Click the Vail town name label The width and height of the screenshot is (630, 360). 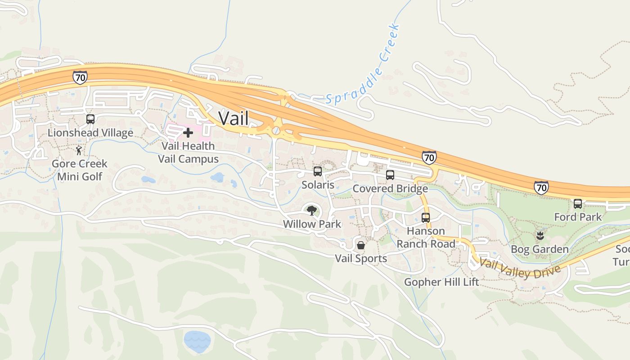pyautogui.click(x=234, y=118)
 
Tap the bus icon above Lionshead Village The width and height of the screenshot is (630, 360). pyautogui.click(x=90, y=119)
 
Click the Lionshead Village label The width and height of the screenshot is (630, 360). pyautogui.click(x=90, y=133)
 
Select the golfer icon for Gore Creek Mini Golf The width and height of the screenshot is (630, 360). pyautogui.click(x=79, y=150)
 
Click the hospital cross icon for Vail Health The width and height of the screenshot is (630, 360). pyautogui.click(x=188, y=133)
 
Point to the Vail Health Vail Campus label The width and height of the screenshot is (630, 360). pyautogui.click(x=188, y=153)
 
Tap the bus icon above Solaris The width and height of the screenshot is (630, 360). pyautogui.click(x=318, y=171)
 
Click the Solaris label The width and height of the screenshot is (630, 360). pyautogui.click(x=318, y=184)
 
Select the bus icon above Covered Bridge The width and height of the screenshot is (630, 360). pyautogui.click(x=390, y=175)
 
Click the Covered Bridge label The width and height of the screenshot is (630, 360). pyautogui.click(x=390, y=189)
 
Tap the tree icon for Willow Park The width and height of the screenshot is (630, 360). pyautogui.click(x=311, y=210)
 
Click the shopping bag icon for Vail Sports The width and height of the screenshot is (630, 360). pyautogui.click(x=361, y=245)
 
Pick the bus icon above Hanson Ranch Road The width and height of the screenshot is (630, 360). pyautogui.click(x=426, y=218)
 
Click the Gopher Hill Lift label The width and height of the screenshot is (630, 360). pyautogui.click(x=441, y=282)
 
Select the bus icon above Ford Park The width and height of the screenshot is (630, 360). pyautogui.click(x=578, y=204)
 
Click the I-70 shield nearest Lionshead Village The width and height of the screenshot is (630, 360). pyautogui.click(x=80, y=77)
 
